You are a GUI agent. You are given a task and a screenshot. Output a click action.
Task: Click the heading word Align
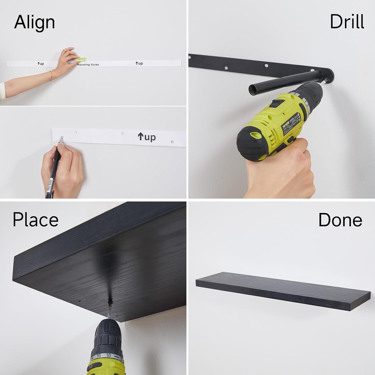click(x=34, y=22)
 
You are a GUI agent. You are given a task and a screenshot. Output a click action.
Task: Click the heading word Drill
click(x=347, y=22)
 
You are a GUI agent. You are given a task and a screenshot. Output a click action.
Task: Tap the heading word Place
click(x=35, y=219)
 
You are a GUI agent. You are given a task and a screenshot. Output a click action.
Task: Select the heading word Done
click(x=340, y=220)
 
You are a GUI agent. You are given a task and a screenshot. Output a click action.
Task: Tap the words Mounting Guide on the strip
click(x=88, y=65)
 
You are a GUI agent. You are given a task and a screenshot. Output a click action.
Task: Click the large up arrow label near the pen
click(x=147, y=137)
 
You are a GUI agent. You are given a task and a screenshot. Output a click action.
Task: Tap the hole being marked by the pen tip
click(x=62, y=137)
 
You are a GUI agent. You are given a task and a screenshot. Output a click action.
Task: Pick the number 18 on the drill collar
click(x=108, y=355)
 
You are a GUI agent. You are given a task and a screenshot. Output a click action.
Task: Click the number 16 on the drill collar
click(x=99, y=356)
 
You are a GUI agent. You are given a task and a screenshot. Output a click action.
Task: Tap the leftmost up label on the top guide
click(x=41, y=64)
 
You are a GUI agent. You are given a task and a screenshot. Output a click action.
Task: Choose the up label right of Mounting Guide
click(x=139, y=63)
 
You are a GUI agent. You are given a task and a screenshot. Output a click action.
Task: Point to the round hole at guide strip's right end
click(x=172, y=142)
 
